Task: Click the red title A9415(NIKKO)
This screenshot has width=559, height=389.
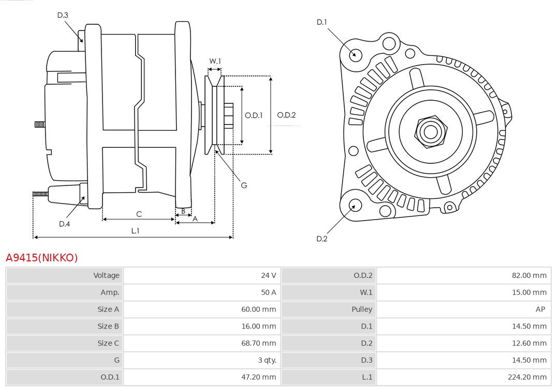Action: (41, 258)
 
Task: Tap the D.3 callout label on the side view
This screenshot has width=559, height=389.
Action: (63, 15)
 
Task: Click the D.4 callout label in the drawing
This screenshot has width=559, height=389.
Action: (64, 224)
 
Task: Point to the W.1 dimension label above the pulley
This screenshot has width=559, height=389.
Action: (215, 61)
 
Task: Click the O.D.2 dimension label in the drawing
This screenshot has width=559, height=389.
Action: (286, 115)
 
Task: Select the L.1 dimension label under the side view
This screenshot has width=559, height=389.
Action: (135, 231)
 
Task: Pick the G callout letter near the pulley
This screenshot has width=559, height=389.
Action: (244, 185)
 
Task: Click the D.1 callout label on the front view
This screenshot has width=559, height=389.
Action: (322, 22)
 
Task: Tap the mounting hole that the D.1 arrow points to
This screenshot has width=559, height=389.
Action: (355, 54)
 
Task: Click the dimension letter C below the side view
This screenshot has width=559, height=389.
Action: (139, 214)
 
